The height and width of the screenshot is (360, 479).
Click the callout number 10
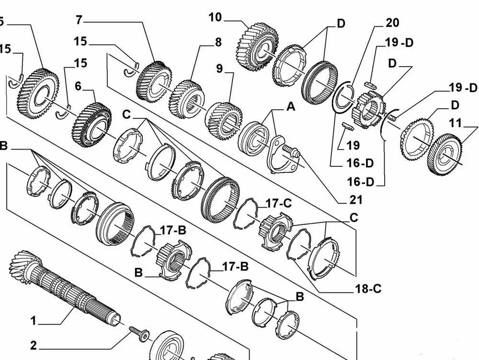point(215,18)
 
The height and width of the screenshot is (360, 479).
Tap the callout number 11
point(456,123)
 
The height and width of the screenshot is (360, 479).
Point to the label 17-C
point(279,203)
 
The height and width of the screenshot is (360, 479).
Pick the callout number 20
point(392,23)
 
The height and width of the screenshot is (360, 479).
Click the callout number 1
point(34,320)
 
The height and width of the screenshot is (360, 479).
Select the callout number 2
point(34,345)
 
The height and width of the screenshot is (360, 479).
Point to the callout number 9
point(219,69)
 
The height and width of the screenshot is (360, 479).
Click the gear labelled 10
point(257,47)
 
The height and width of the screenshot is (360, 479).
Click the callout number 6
point(78,86)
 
